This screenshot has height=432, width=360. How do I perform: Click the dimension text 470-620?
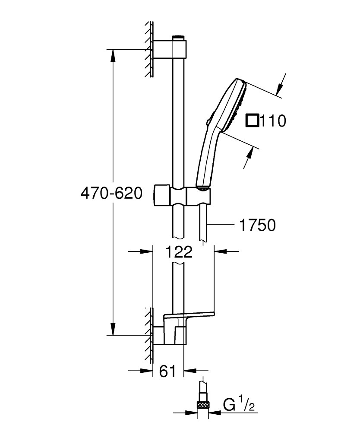tap(111, 193)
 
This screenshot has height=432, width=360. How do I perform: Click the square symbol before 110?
tap(252, 120)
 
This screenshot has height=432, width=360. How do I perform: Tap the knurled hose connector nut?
tap(203, 405)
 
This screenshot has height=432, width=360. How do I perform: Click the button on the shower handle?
tap(208, 122)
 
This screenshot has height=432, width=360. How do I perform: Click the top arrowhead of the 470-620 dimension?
tap(113, 54)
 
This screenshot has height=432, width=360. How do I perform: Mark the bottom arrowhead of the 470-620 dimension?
tap(113, 330)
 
